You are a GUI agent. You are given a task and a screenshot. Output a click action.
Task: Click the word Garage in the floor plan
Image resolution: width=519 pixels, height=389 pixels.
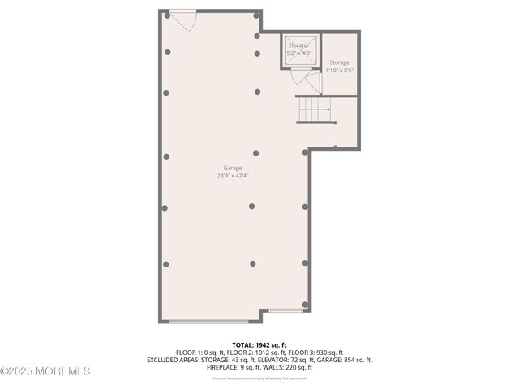coord(233,168)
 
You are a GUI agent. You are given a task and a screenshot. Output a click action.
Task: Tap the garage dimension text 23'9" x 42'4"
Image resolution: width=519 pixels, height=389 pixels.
coord(233,175)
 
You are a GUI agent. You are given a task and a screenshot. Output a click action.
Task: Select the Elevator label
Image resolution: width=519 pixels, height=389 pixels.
coord(298,45)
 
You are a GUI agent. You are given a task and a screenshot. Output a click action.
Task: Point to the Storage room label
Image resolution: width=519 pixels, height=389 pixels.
coord(339,62)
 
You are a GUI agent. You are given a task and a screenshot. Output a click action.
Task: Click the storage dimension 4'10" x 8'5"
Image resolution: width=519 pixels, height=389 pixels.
coord(339,71)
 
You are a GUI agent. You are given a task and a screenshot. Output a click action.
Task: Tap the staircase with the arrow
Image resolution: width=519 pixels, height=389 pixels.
coord(315,109)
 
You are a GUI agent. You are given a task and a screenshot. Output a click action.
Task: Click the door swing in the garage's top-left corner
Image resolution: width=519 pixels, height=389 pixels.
coord(184,20)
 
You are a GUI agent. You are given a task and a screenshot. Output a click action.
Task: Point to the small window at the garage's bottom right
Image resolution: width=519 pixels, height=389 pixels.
coord(286,310)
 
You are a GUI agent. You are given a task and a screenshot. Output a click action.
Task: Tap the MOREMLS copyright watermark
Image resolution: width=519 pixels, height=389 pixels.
coord(45,371)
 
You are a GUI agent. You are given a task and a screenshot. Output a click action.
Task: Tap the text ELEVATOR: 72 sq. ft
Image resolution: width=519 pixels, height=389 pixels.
coord(284,360)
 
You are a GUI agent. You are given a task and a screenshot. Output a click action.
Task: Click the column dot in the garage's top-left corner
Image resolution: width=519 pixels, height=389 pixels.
coord(167,15)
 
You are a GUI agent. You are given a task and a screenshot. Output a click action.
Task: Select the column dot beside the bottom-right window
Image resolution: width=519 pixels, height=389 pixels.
coord(305,305)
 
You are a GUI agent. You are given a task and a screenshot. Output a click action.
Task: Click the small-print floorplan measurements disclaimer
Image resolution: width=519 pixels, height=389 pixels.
coord(259,378)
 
